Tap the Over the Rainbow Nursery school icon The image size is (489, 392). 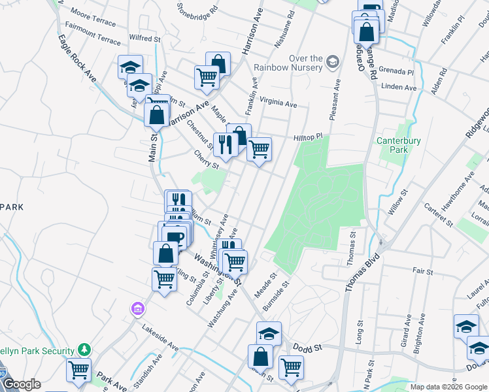tap(333, 61)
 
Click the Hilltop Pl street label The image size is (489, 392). tap(309, 137)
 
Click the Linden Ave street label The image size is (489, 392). tap(400, 87)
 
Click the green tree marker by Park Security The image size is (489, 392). tap(84, 350)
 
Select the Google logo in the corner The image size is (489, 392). tap(22, 385)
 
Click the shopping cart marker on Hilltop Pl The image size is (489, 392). tap(260, 150)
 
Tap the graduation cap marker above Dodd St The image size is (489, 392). tap(269, 334)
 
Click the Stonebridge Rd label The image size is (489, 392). tap(197, 10)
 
